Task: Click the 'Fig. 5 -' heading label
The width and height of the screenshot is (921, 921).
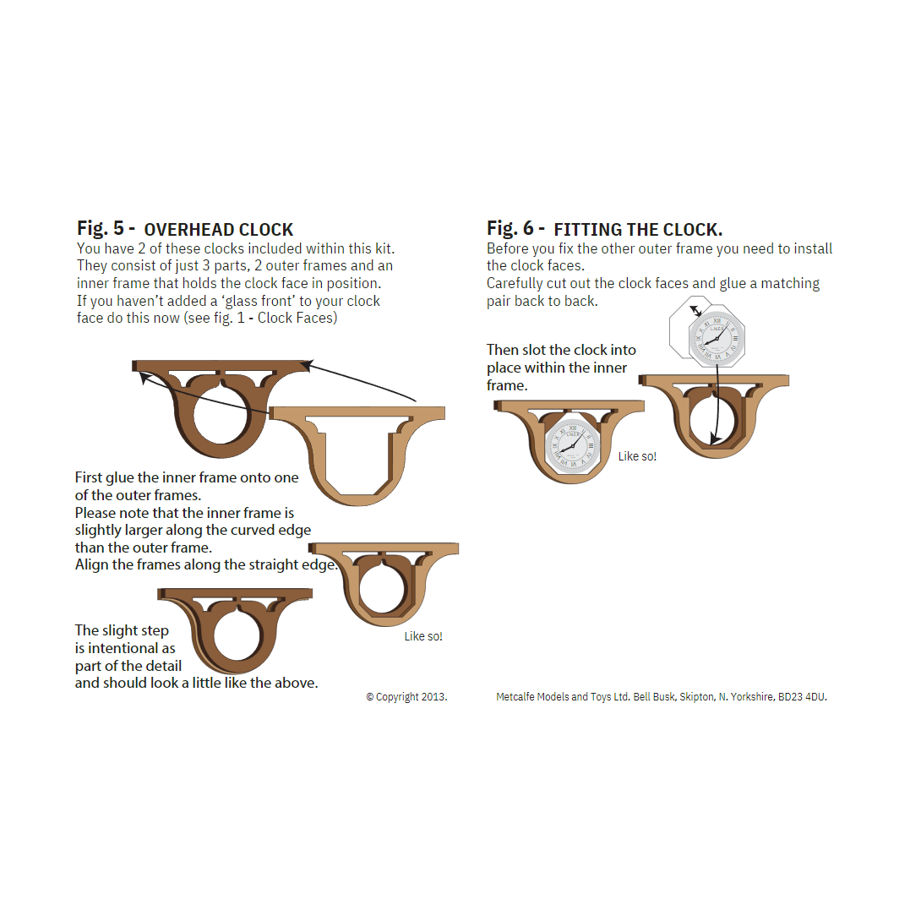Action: (106, 228)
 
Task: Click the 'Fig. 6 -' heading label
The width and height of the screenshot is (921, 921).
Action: (515, 228)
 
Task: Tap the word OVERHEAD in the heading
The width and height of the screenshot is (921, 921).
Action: (188, 230)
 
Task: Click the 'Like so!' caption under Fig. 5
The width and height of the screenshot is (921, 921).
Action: (423, 636)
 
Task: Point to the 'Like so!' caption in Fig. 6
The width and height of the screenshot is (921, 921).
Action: (637, 456)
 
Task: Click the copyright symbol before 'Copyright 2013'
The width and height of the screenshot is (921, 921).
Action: (370, 697)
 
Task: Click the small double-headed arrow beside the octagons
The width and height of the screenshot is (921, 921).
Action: (695, 310)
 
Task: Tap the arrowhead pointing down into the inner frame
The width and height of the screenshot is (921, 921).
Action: (714, 439)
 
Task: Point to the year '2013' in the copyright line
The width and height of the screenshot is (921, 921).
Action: (434, 697)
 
